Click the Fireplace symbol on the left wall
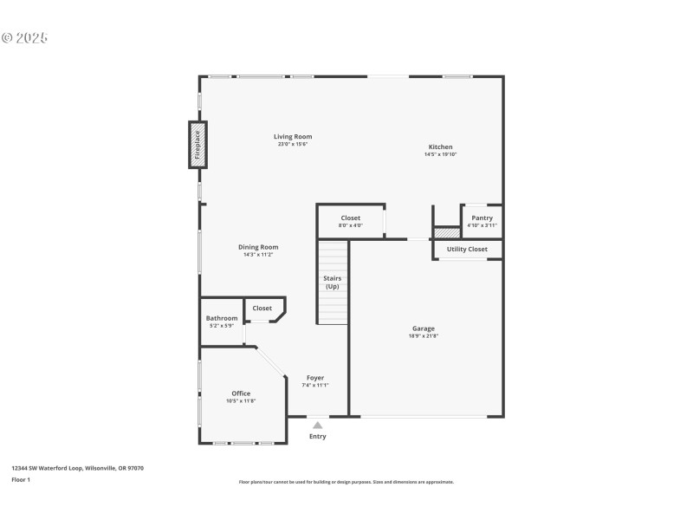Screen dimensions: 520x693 pyautogui.click(x=197, y=145)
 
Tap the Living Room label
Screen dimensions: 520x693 pyautogui.click(x=293, y=137)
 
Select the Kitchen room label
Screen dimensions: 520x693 pyautogui.click(x=440, y=147)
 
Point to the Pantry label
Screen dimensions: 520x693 pyautogui.click(x=482, y=218)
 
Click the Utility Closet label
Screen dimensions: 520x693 pyautogui.click(x=467, y=250)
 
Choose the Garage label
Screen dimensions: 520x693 pyautogui.click(x=424, y=328)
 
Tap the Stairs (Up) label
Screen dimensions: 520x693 pyautogui.click(x=333, y=283)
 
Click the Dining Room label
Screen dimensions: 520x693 pyautogui.click(x=258, y=247)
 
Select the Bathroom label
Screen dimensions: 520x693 pyautogui.click(x=222, y=318)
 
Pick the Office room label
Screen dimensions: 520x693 pyautogui.click(x=241, y=393)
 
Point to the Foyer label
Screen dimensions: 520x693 pyautogui.click(x=315, y=378)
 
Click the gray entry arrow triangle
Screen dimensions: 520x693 pyautogui.click(x=318, y=425)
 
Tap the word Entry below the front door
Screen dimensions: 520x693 pyautogui.click(x=318, y=436)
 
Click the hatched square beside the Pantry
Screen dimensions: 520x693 pyautogui.click(x=446, y=232)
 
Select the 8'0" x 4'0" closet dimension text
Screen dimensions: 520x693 pyautogui.click(x=350, y=225)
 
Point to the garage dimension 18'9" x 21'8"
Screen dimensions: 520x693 pyautogui.click(x=424, y=335)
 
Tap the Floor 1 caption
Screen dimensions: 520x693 pyautogui.click(x=21, y=479)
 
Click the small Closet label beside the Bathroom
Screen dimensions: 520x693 pyautogui.click(x=262, y=309)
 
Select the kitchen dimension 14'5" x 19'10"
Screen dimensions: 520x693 pyautogui.click(x=440, y=154)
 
